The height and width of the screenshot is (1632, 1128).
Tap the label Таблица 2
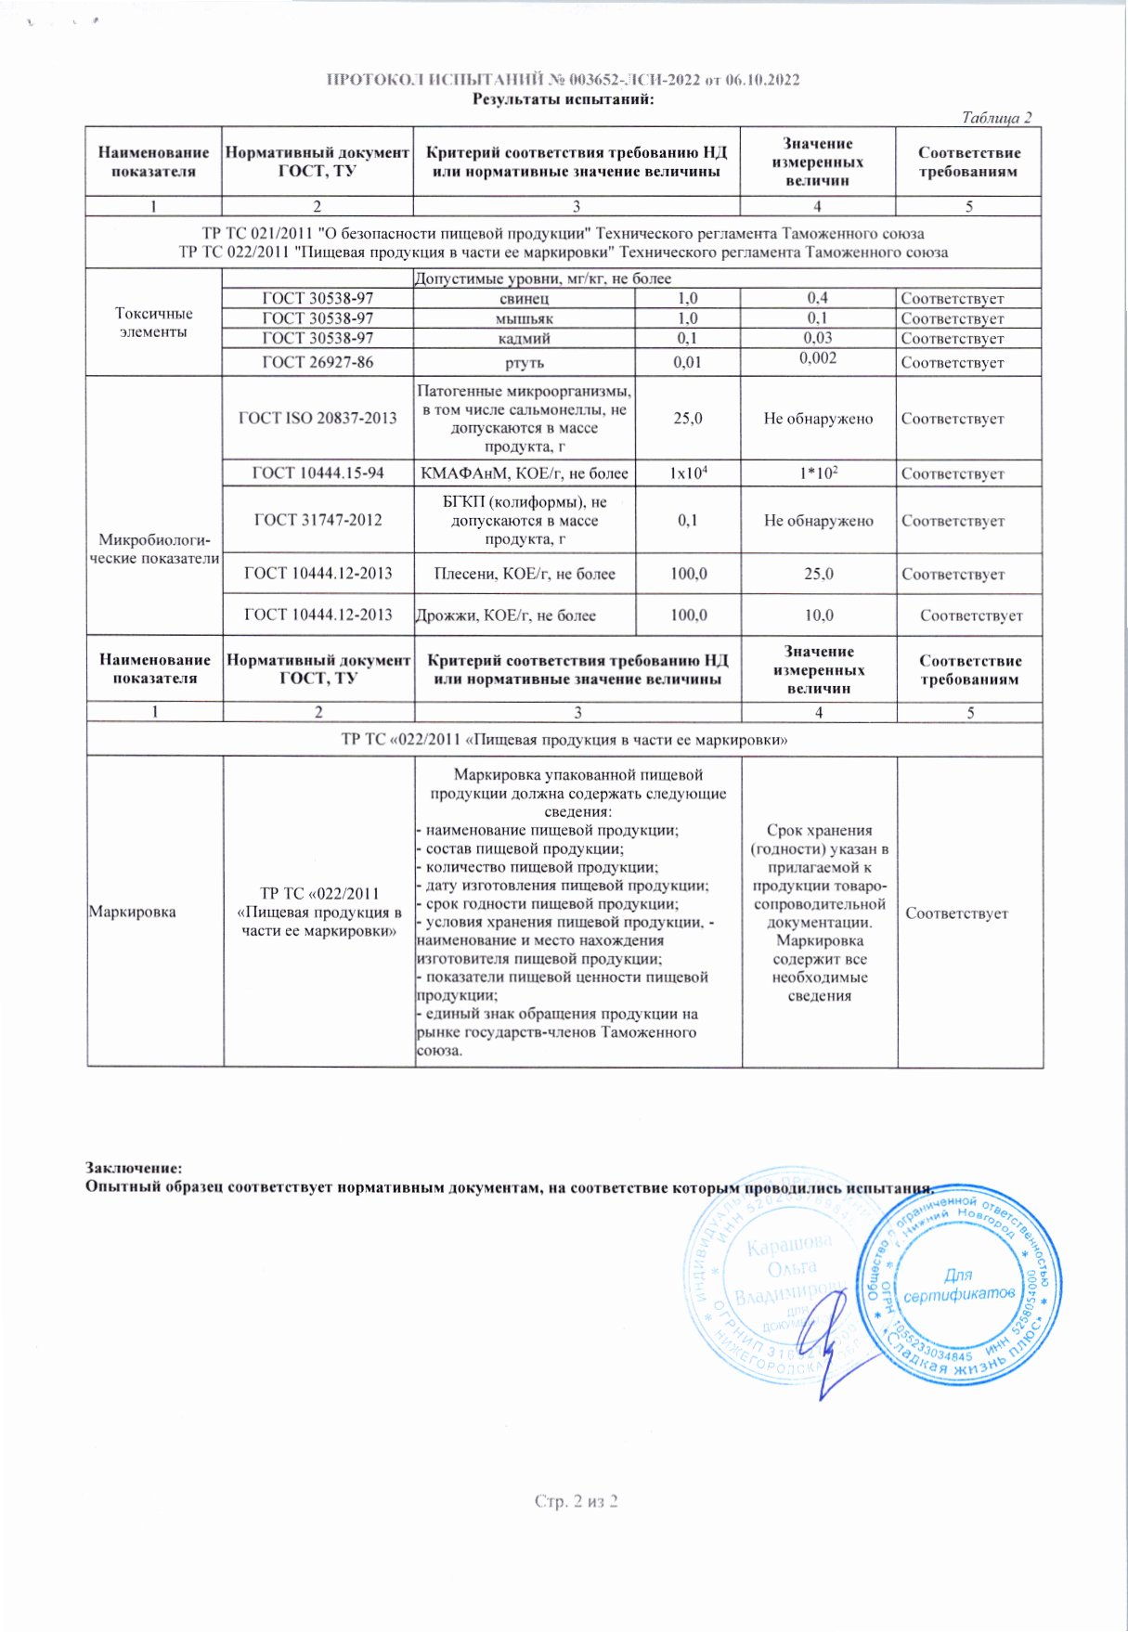point(996,118)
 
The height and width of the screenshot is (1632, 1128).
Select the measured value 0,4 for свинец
point(817,298)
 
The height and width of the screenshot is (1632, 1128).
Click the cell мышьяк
point(525,318)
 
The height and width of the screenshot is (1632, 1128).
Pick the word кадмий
point(525,339)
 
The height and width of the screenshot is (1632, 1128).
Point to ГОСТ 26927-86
point(318,362)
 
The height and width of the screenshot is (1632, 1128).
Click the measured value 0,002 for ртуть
point(817,358)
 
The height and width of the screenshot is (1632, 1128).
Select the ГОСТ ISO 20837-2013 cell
point(318,418)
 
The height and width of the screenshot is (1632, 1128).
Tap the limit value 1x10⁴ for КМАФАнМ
point(688,473)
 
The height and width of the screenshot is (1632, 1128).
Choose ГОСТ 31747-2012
point(318,520)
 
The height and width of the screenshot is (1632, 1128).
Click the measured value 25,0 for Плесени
point(818,574)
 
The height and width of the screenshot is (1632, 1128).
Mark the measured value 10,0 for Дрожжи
point(818,615)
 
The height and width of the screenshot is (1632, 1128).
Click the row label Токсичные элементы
point(154,322)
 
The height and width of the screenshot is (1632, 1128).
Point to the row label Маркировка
point(132,912)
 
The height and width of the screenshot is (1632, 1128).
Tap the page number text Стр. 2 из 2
point(576,1501)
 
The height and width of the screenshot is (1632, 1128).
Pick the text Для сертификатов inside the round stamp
point(958,1285)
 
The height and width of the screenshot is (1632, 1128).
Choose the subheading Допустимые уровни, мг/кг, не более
point(542,278)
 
